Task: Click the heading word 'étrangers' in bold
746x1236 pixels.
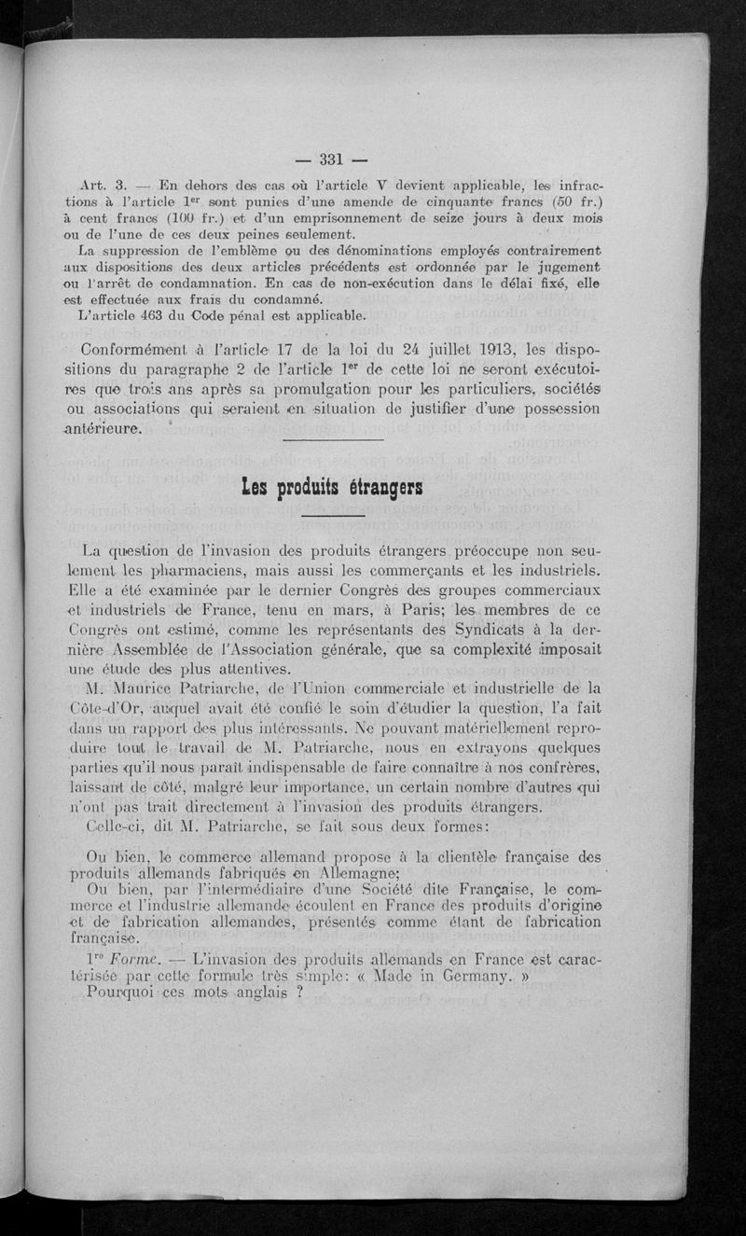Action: coord(385,487)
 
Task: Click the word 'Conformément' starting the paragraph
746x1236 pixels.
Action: coord(143,353)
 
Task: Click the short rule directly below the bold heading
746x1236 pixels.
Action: coord(331,516)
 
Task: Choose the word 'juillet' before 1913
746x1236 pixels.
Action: coord(440,353)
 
